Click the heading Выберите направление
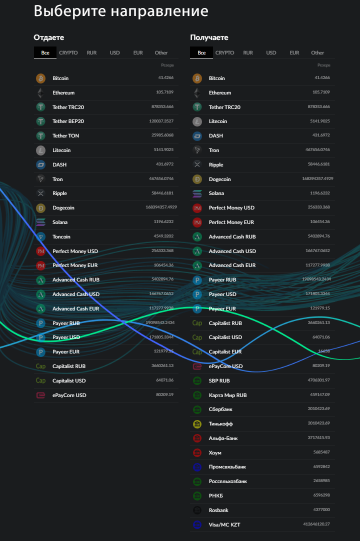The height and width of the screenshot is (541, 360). click(x=120, y=11)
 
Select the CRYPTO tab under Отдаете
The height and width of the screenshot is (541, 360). click(x=68, y=52)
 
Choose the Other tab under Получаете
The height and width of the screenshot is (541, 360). click(x=317, y=52)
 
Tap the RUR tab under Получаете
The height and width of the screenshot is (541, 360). click(x=248, y=52)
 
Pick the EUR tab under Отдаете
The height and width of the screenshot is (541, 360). click(x=138, y=52)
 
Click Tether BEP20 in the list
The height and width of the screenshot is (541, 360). click(x=68, y=121)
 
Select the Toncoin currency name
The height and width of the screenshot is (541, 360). click(x=61, y=236)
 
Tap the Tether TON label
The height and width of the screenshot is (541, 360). click(x=65, y=135)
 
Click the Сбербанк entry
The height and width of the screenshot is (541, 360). click(x=220, y=409)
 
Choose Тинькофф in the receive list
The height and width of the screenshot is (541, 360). click(x=220, y=424)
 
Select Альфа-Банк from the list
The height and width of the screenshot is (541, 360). click(x=223, y=438)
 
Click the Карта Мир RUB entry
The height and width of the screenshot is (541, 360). click(x=227, y=395)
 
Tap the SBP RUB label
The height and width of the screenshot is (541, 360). click(x=219, y=380)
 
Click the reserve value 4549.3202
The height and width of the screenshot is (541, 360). click(x=163, y=236)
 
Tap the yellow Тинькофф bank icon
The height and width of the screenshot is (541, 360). click(x=197, y=424)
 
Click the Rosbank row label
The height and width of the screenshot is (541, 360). click(x=218, y=510)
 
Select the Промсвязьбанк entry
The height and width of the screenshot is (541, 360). click(x=227, y=467)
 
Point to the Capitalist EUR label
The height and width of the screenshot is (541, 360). click(x=225, y=351)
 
